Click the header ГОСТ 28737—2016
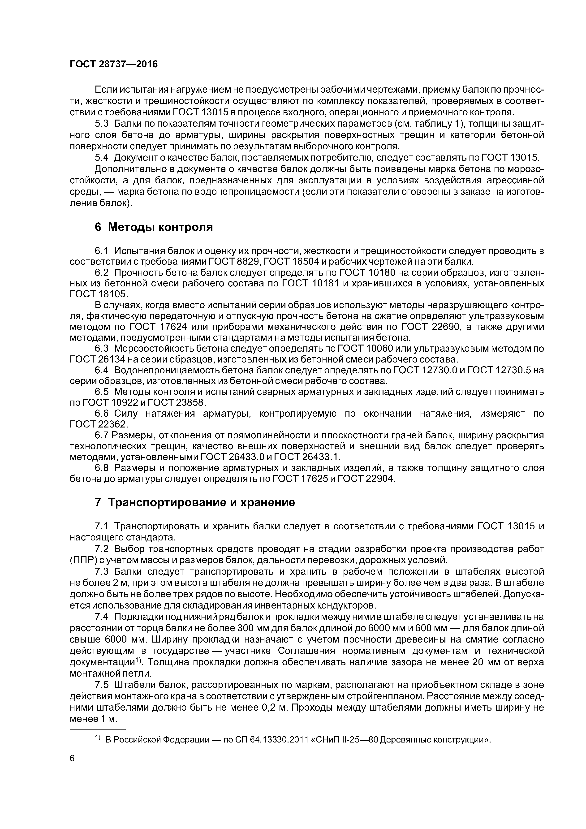click(114, 64)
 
